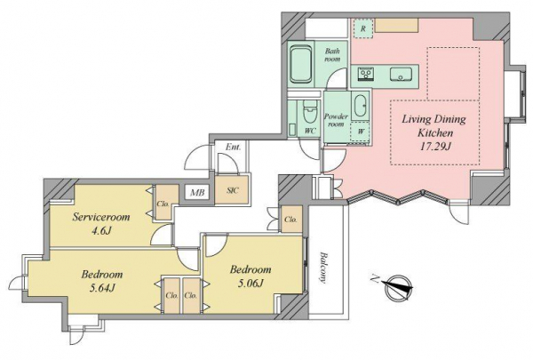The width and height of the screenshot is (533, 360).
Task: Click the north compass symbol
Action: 397,288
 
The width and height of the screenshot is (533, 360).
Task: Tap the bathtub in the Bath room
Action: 301,64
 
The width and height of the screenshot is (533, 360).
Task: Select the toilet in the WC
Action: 310,112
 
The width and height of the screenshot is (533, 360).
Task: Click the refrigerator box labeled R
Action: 363,28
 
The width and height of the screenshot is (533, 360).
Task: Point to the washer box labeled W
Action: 361,131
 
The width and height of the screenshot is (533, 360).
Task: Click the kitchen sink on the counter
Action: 402,74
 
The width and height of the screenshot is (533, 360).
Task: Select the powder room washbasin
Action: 361,106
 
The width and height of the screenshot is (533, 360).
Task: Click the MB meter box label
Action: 197,193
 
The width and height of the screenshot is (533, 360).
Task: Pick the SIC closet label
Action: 233,190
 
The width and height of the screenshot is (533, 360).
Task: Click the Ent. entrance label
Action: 233,147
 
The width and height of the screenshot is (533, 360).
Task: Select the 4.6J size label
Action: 101,231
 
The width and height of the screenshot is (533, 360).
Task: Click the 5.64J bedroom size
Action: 101,288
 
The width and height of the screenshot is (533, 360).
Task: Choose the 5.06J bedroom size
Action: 251,283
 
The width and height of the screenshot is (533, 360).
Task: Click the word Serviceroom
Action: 101,217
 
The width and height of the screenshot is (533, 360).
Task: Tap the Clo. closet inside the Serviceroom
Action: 163,204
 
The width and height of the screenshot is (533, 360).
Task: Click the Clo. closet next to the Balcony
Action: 290,220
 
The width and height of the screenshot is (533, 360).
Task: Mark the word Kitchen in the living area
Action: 435,132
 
